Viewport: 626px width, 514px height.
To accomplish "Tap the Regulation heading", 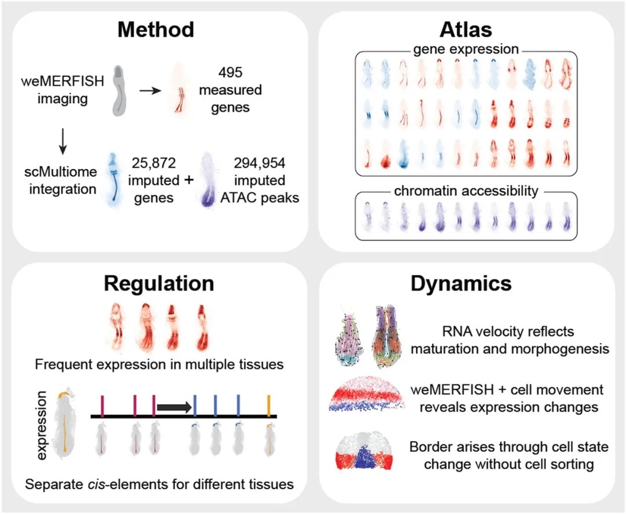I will point(159,283).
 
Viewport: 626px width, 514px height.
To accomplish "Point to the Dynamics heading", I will point(461,283).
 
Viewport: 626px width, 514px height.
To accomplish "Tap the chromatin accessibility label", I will point(465,191).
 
